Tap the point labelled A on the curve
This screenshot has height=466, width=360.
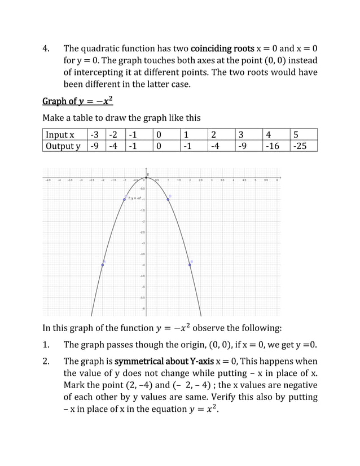[103, 264]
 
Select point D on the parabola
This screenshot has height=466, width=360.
[168, 199]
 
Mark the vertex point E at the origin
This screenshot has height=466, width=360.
[146, 178]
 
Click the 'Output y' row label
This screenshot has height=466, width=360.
[63, 146]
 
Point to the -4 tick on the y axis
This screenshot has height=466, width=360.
[143, 265]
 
